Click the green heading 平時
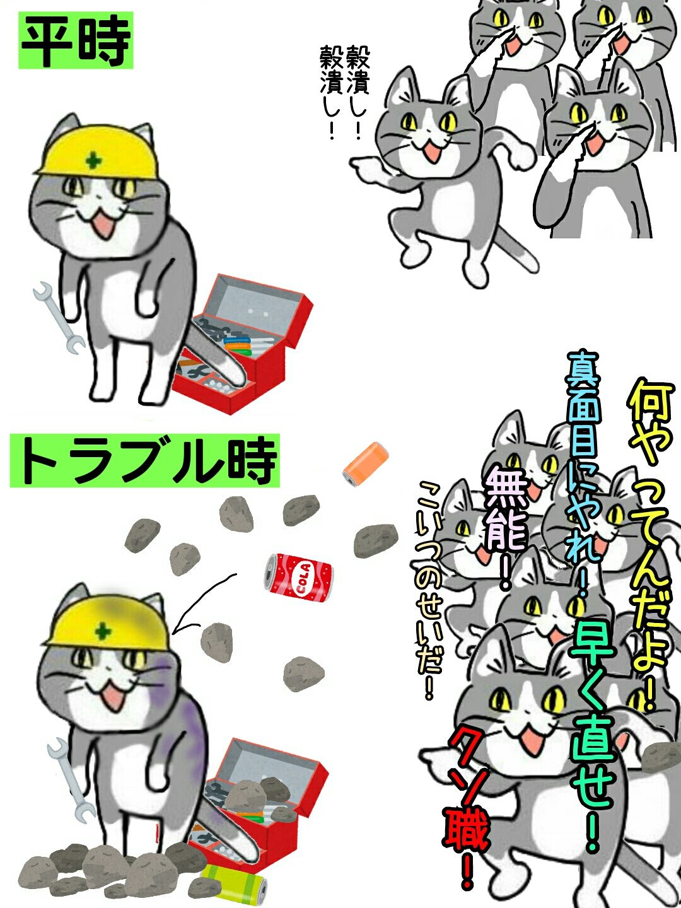[x=76, y=40]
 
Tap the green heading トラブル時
[x=145, y=460]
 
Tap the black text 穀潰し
[x=345, y=92]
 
